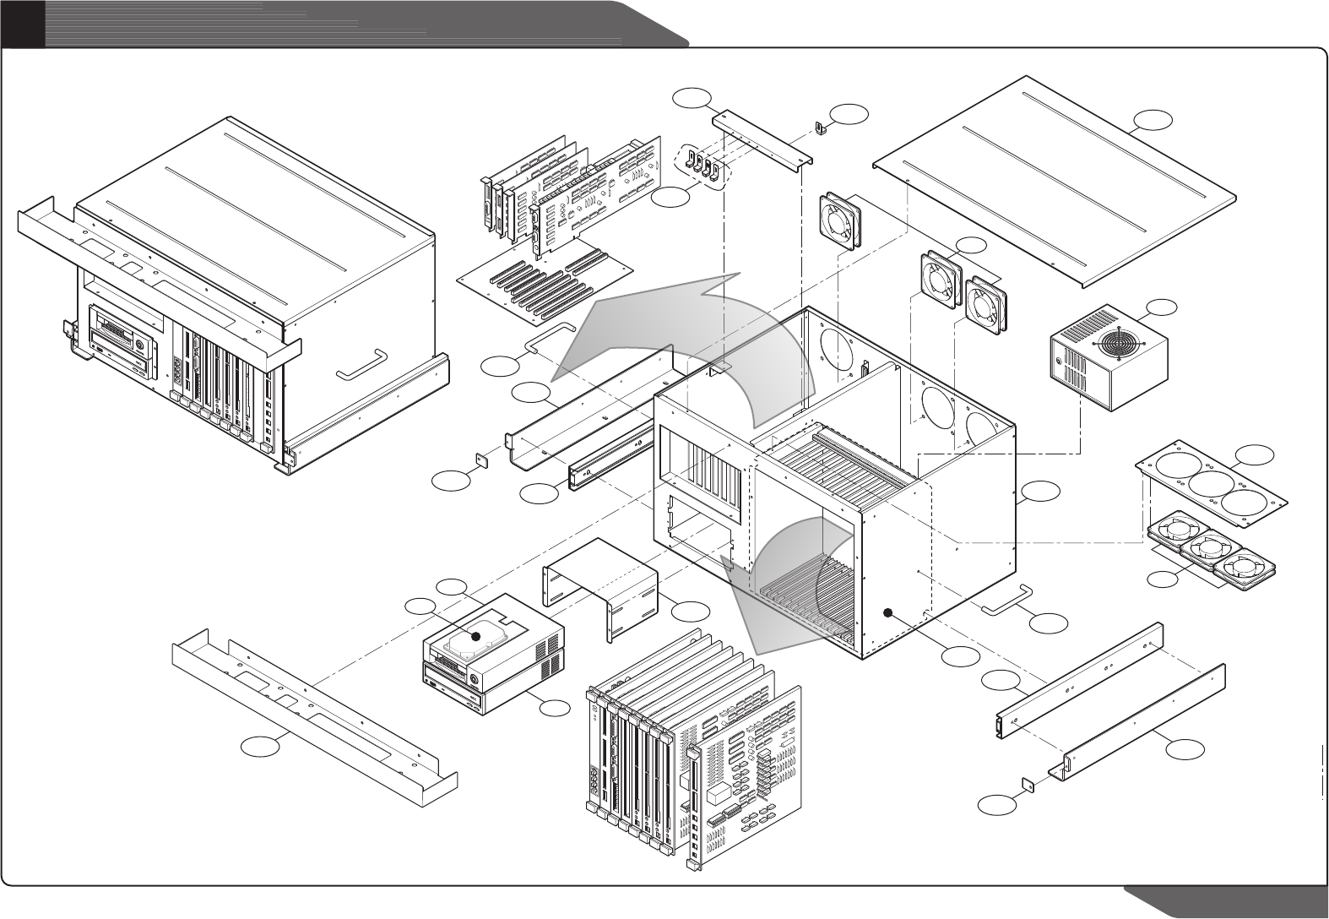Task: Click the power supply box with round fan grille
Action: [x=1108, y=358]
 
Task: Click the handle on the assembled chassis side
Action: [x=361, y=363]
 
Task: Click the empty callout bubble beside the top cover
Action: [x=1153, y=121]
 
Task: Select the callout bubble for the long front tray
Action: [x=261, y=745]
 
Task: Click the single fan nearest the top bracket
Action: [x=840, y=221]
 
